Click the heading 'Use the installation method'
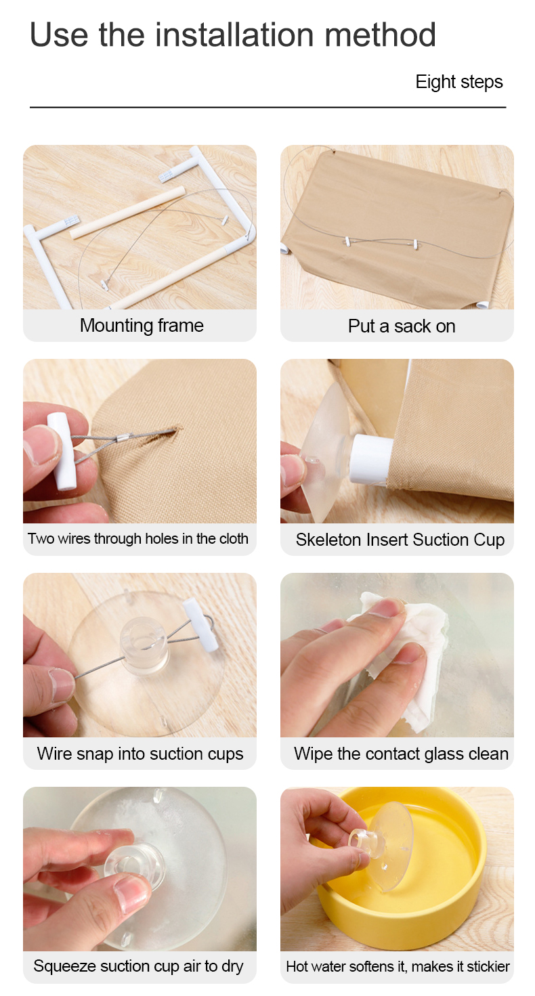click(x=232, y=35)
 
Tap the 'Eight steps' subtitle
click(x=459, y=82)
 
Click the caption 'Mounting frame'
click(x=142, y=326)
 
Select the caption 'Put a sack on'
click(x=402, y=326)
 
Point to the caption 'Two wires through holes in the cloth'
click(x=138, y=538)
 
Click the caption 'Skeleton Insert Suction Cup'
click(x=400, y=540)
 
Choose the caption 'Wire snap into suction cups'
click(x=140, y=754)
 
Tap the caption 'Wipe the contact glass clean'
click(x=401, y=754)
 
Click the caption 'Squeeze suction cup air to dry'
click(x=138, y=966)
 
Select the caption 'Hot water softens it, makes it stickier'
click(x=398, y=966)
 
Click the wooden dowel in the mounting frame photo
click(x=127, y=213)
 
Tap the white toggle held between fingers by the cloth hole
click(x=62, y=451)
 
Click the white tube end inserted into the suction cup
click(x=371, y=459)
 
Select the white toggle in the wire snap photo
click(x=200, y=624)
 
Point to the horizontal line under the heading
click(x=267, y=107)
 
